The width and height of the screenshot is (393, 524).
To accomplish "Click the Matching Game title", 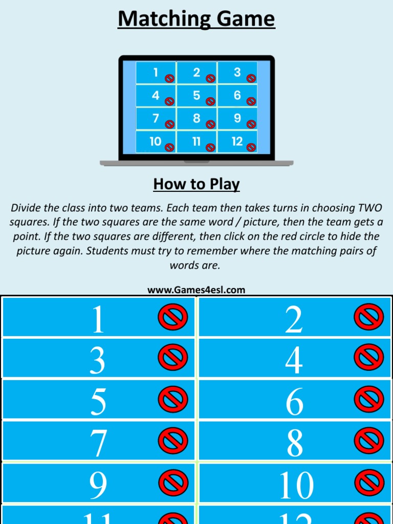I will click(196, 19).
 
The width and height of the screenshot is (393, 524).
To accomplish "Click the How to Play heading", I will click(196, 184).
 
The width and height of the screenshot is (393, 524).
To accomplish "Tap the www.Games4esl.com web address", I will click(196, 290).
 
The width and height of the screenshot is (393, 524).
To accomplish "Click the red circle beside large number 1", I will click(173, 318).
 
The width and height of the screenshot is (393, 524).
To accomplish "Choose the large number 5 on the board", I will click(98, 401).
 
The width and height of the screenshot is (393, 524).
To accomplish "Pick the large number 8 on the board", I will click(294, 443).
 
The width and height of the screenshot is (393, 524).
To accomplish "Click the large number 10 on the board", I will click(296, 485).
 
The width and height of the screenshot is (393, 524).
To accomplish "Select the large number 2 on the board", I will click(294, 320).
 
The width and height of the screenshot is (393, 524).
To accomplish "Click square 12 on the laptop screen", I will click(237, 142).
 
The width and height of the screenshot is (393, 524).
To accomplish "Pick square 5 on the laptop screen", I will click(196, 96).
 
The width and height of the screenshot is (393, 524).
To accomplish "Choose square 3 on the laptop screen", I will click(237, 73).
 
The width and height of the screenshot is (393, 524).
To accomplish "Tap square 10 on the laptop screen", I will click(156, 142).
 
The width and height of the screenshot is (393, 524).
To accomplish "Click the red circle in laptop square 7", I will click(169, 124).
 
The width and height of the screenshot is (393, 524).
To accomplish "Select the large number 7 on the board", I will click(98, 443).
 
